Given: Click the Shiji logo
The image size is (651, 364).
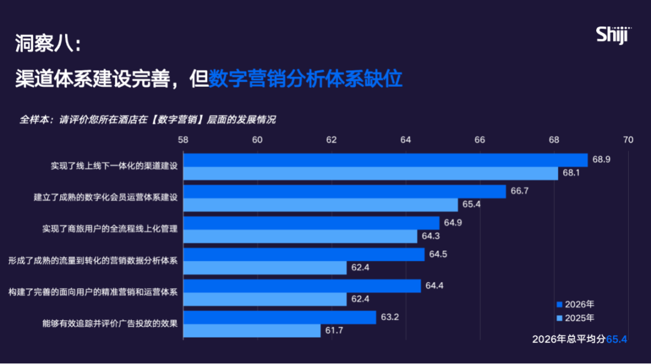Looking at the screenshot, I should [613, 35].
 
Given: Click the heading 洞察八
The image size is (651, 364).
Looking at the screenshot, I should [47, 43].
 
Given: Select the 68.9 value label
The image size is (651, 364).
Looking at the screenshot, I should [602, 160].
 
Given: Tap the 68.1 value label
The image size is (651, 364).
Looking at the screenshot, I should [571, 173].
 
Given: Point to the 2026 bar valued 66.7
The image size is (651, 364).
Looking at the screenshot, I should [344, 191].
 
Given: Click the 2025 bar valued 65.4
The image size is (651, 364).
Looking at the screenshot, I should [320, 205].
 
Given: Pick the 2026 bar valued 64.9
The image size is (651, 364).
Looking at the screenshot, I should [311, 223].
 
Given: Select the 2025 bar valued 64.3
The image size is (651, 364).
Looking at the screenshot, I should [300, 236].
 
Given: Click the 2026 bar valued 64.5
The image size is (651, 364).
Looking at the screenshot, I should [303, 254].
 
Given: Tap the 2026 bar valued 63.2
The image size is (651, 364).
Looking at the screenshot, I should [279, 317].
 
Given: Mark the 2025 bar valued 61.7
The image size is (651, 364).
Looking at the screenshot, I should [251, 330].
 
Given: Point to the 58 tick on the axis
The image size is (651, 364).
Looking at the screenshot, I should [183, 140].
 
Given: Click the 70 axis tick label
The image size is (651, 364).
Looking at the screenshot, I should [628, 140].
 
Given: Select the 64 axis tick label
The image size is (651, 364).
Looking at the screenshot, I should [405, 140].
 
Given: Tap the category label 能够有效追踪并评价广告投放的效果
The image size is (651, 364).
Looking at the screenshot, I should [110, 324].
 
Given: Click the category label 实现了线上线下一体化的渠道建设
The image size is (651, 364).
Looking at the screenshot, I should [114, 166].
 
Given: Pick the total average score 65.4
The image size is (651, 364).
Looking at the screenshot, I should [617, 339].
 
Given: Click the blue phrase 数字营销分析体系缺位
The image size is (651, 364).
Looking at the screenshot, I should [305, 79].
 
